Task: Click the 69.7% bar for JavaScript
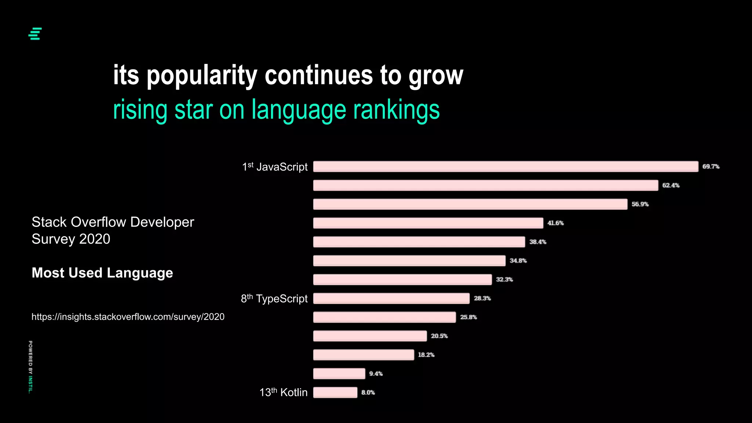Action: pos(505,166)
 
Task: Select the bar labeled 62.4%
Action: pos(485,185)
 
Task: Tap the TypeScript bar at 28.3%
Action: pos(391,299)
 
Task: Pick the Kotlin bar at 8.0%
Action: pos(335,393)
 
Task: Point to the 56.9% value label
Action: pos(640,204)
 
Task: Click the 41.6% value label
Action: pos(555,223)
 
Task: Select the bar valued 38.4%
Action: pos(419,242)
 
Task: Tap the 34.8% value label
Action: pos(518,261)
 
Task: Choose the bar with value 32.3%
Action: pos(402,279)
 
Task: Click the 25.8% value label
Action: pos(468,317)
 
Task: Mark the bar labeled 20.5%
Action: pos(370,336)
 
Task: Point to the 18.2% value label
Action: pos(426,355)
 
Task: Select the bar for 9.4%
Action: pos(339,374)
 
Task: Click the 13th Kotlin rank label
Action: pos(283,392)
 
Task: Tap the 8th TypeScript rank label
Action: pos(274,299)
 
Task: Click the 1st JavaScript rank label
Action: pos(275,167)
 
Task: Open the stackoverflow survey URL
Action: pos(128,317)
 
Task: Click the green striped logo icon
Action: pos(35,34)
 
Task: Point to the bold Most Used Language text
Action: pos(102,273)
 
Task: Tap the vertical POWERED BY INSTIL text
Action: pos(30,367)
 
